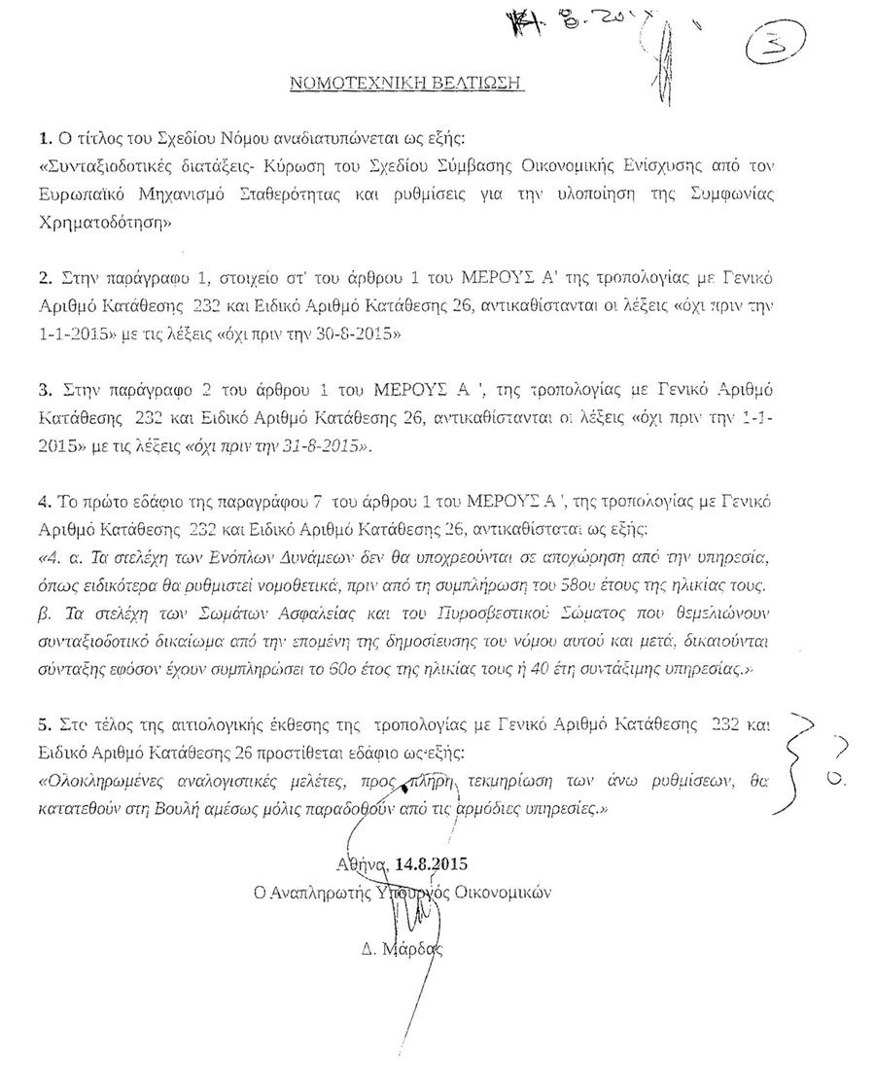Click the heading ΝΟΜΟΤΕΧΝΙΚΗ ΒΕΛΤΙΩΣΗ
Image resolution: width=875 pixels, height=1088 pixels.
point(408,85)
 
